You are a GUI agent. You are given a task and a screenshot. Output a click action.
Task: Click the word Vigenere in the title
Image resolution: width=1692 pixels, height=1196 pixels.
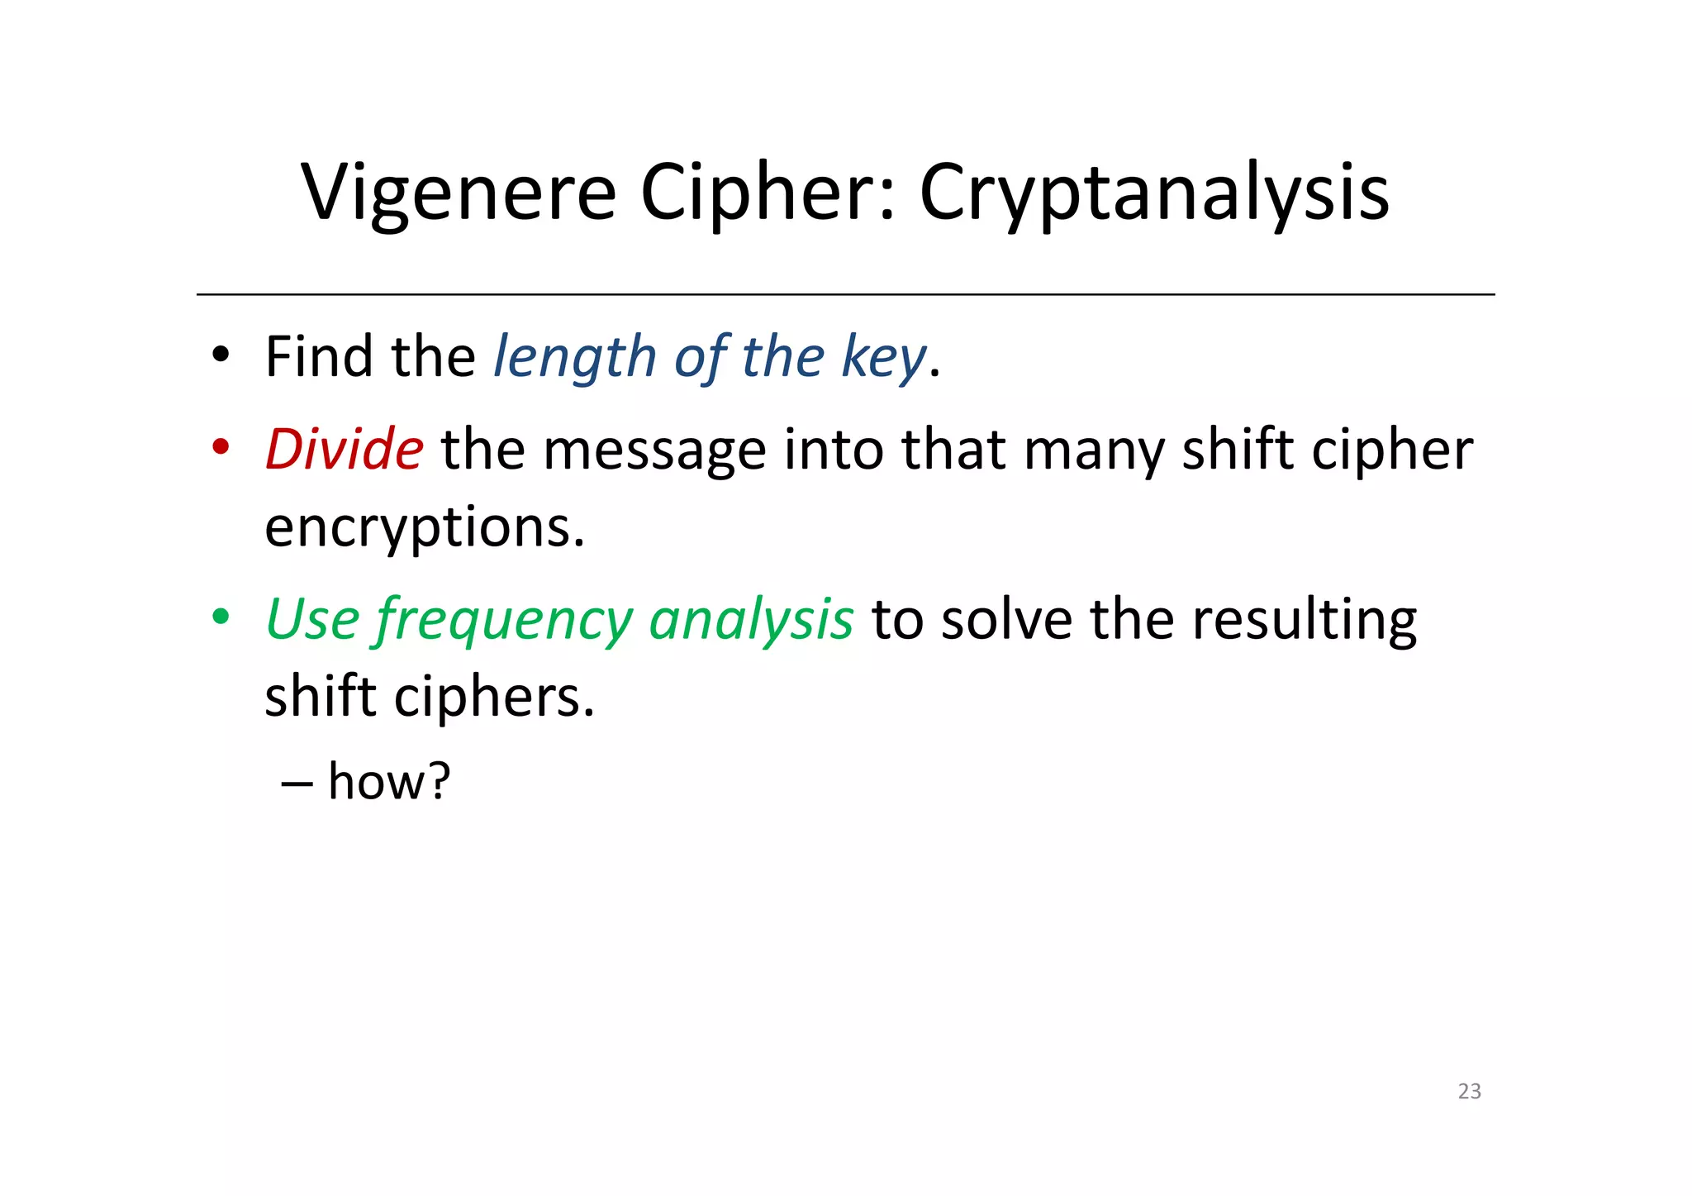[459, 193]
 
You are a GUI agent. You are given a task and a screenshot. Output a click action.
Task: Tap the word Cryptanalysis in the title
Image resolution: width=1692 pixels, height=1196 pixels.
[1154, 193]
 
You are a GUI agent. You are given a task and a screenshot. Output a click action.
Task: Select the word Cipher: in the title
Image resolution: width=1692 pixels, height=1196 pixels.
[768, 193]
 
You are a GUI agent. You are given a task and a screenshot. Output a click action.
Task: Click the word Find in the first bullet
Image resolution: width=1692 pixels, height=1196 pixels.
[317, 357]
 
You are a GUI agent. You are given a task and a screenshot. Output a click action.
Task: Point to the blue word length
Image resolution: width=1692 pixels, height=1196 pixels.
[574, 359]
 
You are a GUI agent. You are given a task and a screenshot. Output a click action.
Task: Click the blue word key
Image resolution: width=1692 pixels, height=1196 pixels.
[883, 359]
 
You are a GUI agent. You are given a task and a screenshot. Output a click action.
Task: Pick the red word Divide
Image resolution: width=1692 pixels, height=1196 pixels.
[345, 450]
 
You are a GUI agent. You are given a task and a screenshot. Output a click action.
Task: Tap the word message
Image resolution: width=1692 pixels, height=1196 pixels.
[654, 451]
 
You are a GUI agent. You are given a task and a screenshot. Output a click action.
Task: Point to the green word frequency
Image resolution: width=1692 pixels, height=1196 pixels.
[504, 621]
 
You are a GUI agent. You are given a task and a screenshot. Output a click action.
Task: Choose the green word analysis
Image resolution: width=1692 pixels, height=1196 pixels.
[751, 621]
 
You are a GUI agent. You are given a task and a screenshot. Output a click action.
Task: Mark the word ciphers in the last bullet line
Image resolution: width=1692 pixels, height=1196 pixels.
[494, 698]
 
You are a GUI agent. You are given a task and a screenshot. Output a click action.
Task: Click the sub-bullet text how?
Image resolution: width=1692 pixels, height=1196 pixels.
[389, 781]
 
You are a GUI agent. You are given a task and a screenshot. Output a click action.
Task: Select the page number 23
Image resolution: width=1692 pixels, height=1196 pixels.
[1469, 1091]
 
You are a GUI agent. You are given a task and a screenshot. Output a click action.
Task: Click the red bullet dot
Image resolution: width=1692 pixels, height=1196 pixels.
[220, 447]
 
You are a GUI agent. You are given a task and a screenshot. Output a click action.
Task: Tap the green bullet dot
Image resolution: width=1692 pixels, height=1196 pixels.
[220, 617]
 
